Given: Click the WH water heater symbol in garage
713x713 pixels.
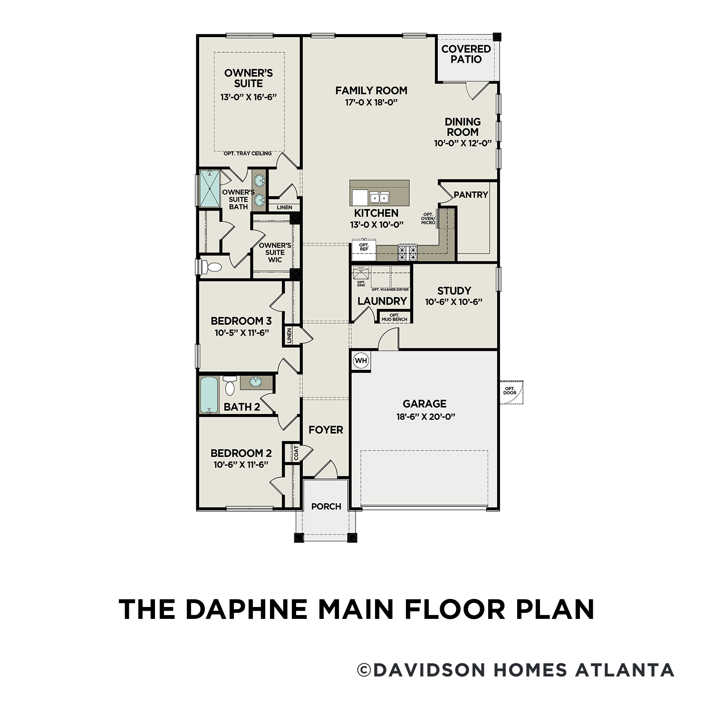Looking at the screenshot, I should click(x=361, y=360).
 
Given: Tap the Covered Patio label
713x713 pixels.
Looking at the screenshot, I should click(x=466, y=54).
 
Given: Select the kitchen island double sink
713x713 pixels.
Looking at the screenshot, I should click(x=379, y=197).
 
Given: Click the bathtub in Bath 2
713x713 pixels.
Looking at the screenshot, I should click(x=208, y=395).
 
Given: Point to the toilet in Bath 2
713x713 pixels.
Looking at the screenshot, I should click(x=230, y=385).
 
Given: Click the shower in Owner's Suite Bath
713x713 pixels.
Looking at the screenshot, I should click(x=209, y=188).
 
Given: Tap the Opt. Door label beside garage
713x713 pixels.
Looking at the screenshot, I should click(x=510, y=391).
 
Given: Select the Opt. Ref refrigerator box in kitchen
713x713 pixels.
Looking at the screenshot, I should click(x=364, y=247).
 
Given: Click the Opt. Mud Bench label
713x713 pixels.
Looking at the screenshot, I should click(x=394, y=317).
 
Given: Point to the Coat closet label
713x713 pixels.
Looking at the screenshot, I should click(x=296, y=453).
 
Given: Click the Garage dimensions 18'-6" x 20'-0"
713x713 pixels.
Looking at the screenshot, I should click(x=424, y=417).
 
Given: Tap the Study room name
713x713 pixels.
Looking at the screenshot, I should click(x=454, y=290).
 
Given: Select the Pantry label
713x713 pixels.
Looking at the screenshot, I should click(x=471, y=194).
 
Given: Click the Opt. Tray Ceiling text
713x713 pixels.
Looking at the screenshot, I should click(x=248, y=154).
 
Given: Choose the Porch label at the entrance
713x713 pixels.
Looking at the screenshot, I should click(x=326, y=507).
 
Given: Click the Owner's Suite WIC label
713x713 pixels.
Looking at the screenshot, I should click(x=275, y=252).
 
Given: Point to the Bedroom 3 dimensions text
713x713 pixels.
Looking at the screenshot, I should click(x=241, y=333).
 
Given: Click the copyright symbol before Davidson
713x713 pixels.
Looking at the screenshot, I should click(x=364, y=670).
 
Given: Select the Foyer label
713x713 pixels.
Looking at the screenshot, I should click(x=326, y=430).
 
